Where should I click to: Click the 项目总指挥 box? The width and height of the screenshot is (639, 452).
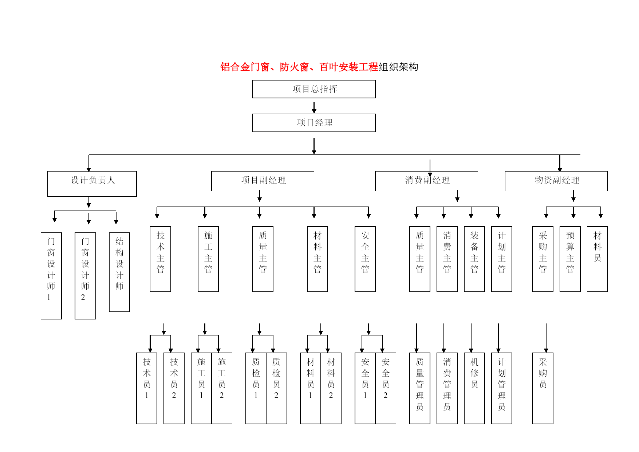[x=314, y=89]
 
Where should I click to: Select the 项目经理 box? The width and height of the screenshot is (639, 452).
[x=314, y=123]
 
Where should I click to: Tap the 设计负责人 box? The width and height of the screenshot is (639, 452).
[x=92, y=184]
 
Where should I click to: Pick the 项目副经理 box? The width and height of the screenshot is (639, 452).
[x=263, y=181]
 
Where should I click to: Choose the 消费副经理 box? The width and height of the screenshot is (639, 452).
[x=426, y=181]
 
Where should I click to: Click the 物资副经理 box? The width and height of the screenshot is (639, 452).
[x=556, y=181]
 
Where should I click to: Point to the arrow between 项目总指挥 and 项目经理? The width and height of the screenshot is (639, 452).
[x=314, y=107]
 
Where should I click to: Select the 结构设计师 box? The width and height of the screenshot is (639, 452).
[x=119, y=272]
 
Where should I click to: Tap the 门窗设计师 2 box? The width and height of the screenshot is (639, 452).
[x=85, y=276]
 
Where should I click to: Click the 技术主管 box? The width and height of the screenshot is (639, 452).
[x=161, y=259]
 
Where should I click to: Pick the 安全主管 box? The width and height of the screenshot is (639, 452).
[x=365, y=259]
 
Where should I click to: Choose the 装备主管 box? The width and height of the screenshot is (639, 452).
[x=474, y=259]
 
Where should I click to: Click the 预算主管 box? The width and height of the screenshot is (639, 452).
[x=570, y=259]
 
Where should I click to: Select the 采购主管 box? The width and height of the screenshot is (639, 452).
[x=543, y=259]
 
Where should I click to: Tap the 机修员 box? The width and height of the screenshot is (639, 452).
[x=474, y=388]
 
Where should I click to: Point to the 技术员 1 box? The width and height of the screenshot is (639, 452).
[x=147, y=388]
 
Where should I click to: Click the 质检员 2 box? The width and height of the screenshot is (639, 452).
[x=276, y=388]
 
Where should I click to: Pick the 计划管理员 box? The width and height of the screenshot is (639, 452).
[x=502, y=388]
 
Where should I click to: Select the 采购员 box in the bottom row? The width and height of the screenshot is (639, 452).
[x=543, y=388]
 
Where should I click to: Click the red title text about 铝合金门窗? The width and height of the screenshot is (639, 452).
[x=299, y=67]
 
